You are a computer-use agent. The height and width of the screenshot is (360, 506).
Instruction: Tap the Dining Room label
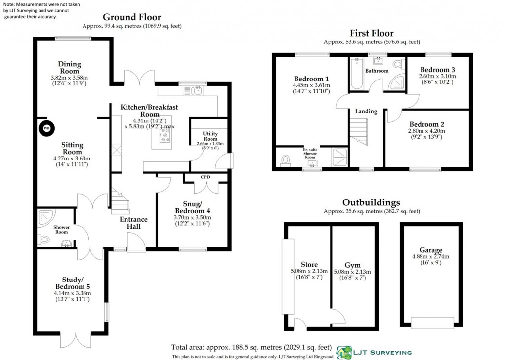tap(69, 68)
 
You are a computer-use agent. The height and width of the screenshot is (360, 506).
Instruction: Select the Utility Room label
tap(210, 136)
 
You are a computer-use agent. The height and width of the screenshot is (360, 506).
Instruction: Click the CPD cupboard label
tap(206, 176)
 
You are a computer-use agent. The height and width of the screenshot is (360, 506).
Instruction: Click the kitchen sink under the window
tap(197, 90)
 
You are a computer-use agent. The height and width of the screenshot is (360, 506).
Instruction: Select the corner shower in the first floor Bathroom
tap(396, 83)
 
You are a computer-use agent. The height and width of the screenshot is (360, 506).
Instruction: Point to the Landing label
tap(366, 111)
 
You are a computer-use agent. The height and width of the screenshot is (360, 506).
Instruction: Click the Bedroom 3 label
tap(437, 70)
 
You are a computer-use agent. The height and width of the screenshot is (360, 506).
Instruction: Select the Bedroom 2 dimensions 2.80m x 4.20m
tap(426, 131)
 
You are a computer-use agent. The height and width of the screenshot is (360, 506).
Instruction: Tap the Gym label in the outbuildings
tap(353, 265)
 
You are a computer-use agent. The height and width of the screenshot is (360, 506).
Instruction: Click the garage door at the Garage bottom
tap(432, 323)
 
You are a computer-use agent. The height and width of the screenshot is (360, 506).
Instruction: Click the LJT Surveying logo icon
tap(344, 352)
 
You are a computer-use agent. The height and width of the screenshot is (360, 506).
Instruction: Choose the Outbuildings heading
tap(371, 202)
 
